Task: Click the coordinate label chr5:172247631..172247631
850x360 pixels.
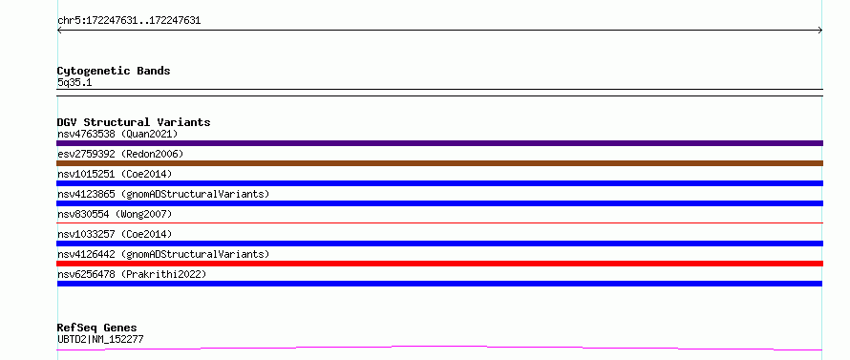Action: coord(129,21)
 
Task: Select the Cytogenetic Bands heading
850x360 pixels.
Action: coord(114,71)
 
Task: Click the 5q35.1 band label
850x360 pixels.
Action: coord(74,82)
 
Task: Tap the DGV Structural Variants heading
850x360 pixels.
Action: coord(134,122)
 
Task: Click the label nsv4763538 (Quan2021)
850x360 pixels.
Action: coord(117,134)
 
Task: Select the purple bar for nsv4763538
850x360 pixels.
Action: coord(439,143)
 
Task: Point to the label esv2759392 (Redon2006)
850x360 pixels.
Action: coord(120,154)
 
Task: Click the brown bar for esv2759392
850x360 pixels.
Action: coord(439,163)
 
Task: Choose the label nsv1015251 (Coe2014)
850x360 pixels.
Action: coord(115,174)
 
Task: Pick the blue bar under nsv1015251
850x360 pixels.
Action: coord(439,183)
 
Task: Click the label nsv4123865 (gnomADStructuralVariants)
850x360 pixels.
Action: coord(163,194)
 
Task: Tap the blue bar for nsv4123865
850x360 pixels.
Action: coord(439,203)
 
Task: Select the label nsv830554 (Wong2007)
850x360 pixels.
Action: coord(115,214)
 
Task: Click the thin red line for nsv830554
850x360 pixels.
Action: coord(439,222)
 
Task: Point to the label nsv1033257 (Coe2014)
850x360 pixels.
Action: coord(115,234)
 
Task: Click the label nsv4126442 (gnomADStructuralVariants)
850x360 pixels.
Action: coord(163,254)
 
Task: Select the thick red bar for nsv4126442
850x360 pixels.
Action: coord(439,264)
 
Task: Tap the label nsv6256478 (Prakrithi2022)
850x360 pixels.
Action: coord(132,274)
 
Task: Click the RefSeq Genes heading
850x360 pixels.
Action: coord(97,328)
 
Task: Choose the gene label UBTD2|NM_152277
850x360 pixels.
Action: coord(100,339)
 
